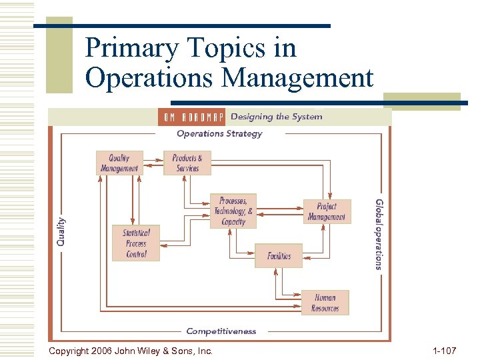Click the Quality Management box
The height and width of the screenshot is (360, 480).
click(119, 163)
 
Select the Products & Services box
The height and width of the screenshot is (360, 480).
click(187, 163)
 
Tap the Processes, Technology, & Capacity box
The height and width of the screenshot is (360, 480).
click(233, 211)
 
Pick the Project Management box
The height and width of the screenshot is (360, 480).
click(327, 212)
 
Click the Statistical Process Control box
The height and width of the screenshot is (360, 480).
click(136, 243)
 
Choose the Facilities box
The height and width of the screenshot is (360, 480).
click(279, 256)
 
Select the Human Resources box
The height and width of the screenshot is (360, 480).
click(325, 303)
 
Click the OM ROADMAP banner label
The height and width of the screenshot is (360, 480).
click(191, 117)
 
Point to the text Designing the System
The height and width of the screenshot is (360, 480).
click(276, 117)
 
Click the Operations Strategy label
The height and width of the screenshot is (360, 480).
click(219, 133)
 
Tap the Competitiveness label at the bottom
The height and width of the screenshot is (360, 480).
click(221, 331)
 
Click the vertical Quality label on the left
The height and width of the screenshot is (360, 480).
click(61, 231)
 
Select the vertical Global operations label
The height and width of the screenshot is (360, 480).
click(379, 234)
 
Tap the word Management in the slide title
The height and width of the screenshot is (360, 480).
click(297, 78)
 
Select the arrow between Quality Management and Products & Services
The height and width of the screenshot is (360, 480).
click(153, 159)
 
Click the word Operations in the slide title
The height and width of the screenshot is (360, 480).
click(150, 78)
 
